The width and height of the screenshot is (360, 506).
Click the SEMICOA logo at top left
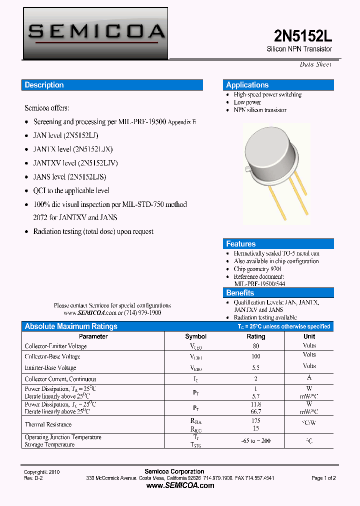click(96, 32)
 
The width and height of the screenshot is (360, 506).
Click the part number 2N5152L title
click(302, 35)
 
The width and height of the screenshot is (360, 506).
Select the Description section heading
click(44, 85)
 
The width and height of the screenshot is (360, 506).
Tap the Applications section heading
click(247, 85)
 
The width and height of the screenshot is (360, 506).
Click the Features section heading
click(241, 244)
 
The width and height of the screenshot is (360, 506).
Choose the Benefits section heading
click(240, 293)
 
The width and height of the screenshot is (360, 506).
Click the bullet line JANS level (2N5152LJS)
click(69, 176)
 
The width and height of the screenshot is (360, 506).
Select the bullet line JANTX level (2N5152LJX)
click(73, 149)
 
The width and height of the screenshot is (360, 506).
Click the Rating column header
click(255, 336)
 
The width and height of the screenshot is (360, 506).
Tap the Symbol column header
click(195, 336)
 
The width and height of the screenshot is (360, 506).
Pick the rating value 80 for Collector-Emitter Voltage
click(255, 345)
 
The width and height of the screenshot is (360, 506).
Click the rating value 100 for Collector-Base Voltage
click(255, 356)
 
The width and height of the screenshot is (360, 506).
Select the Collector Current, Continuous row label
click(60, 379)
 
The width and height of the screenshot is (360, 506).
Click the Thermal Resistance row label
click(48, 424)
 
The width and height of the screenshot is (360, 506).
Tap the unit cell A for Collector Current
click(309, 378)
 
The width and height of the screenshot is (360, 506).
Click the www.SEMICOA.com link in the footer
click(180, 485)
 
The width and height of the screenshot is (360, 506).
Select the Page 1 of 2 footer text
click(323, 478)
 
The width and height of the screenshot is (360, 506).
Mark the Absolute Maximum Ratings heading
click(71, 326)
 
